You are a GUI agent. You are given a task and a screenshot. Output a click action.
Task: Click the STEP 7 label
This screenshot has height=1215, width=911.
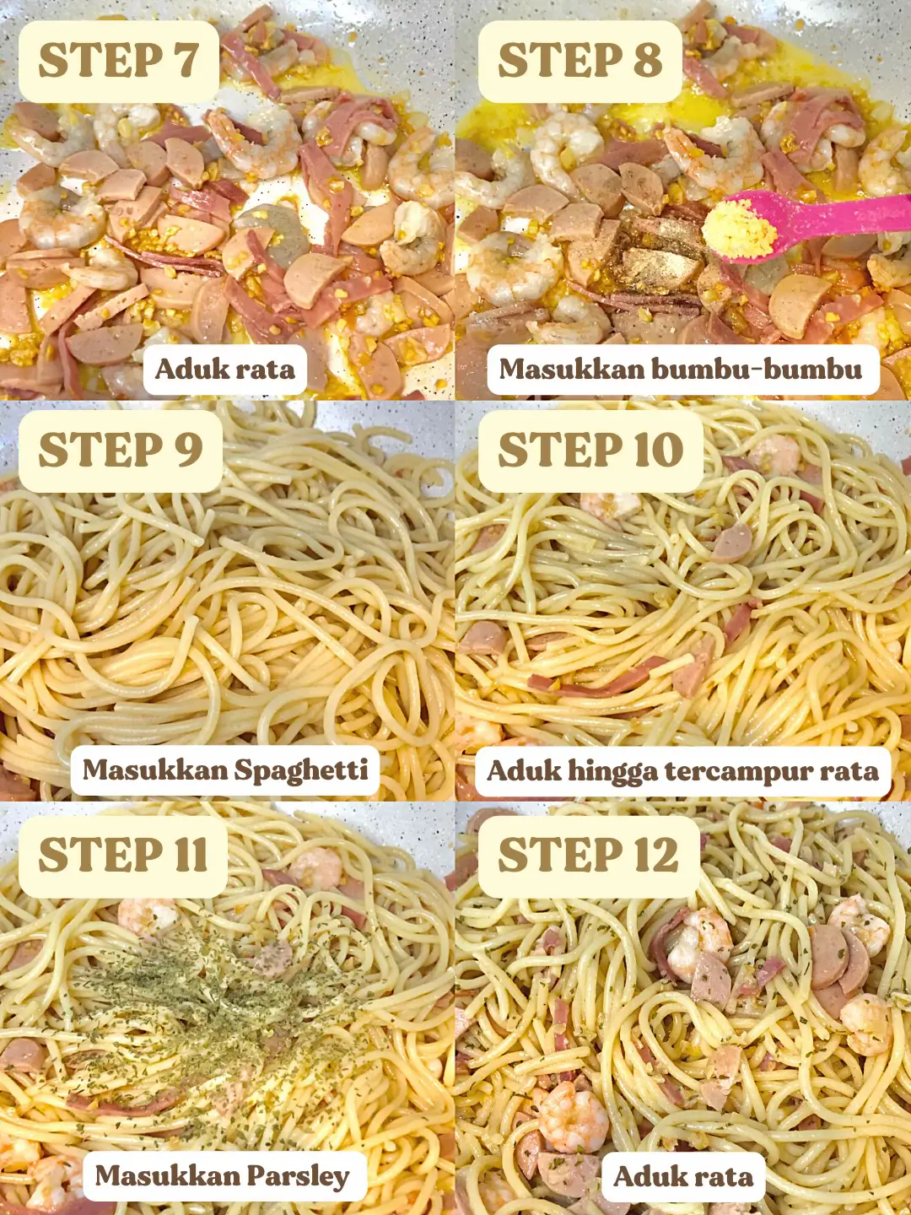click(118, 61)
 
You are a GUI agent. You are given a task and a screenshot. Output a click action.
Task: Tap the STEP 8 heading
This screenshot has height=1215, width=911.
click(579, 61)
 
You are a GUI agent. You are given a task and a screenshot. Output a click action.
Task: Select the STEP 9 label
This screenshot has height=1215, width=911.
click(121, 450)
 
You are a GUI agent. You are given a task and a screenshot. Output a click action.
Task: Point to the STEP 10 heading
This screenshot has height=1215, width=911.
click(590, 450)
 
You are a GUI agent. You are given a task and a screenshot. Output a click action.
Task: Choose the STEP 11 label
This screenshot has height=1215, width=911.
click(123, 856)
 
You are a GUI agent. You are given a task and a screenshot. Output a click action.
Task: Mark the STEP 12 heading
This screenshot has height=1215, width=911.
click(588, 856)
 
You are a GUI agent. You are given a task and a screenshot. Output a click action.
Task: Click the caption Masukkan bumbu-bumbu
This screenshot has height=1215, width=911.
click(681, 370)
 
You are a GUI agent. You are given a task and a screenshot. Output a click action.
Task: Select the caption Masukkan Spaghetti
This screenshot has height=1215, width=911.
click(225, 770)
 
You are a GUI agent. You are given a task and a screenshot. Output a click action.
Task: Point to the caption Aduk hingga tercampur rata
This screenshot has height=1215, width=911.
click(682, 771)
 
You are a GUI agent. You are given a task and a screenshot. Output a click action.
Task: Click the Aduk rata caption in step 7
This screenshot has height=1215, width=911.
click(224, 370)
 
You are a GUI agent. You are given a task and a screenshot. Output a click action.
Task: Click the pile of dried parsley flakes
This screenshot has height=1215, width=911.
click(216, 996)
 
